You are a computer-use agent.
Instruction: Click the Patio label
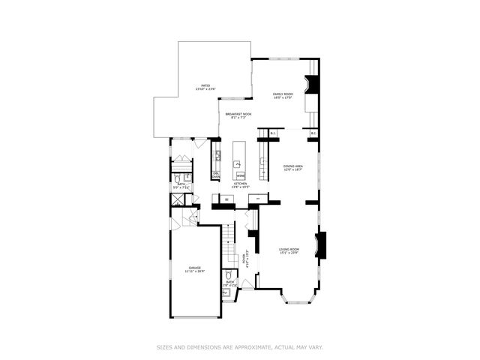click(x=204, y=87)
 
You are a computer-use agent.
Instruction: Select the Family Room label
click(x=282, y=95)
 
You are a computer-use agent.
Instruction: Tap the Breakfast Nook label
click(x=238, y=115)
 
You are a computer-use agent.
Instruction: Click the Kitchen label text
click(x=240, y=184)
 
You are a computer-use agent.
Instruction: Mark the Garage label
click(x=194, y=268)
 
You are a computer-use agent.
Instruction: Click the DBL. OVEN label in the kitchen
click(x=215, y=175)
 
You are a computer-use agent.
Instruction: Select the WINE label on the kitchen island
click(x=240, y=175)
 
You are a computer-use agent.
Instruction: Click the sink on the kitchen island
click(x=238, y=163)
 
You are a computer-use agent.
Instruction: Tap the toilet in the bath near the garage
click(x=228, y=275)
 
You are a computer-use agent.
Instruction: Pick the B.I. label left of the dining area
click(x=272, y=133)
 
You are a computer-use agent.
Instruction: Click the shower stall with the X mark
click(x=178, y=199)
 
